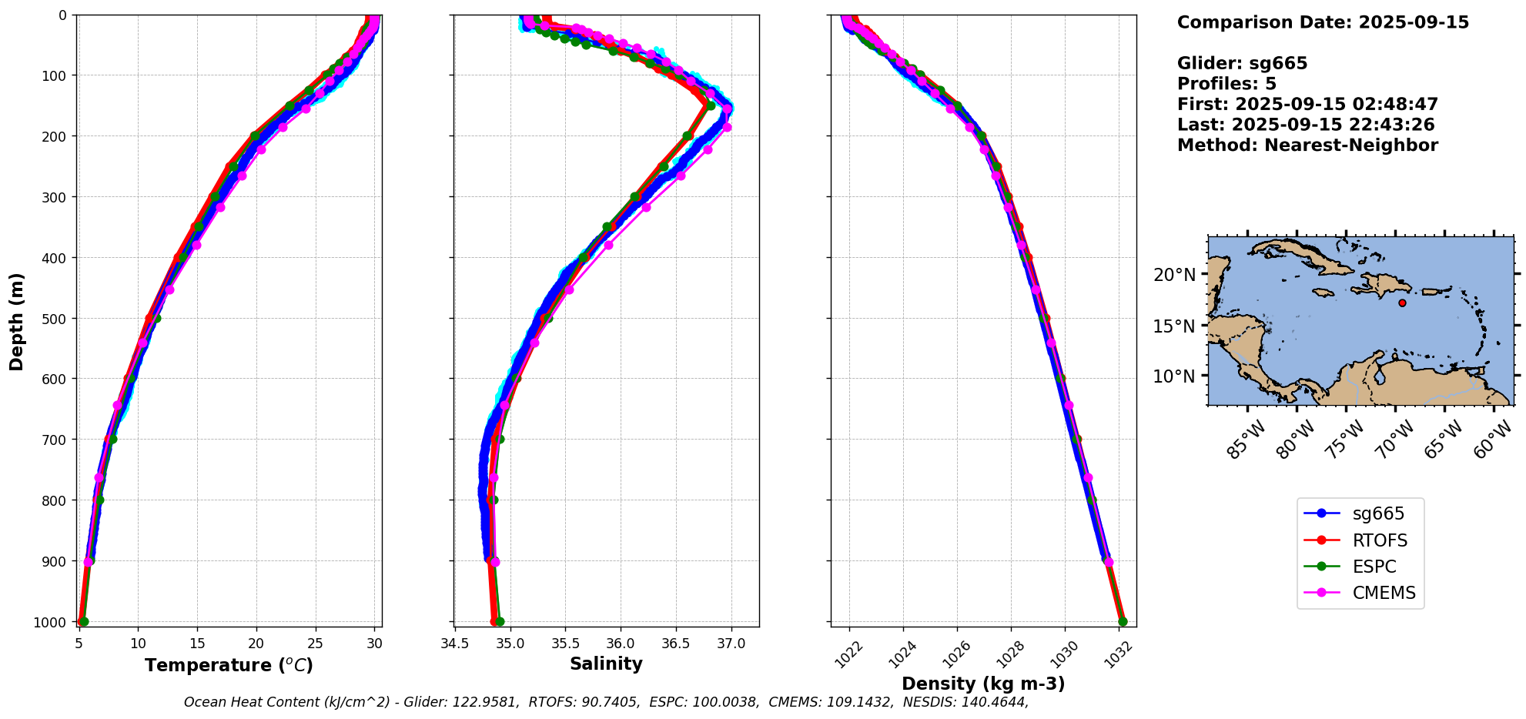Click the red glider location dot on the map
1402,303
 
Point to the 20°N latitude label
1174,275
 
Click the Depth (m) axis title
17,321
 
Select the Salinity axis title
606,664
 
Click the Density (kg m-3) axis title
983,684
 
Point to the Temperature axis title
229,665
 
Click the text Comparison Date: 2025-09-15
1323,22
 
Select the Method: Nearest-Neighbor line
1307,145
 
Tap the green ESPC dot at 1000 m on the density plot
1123,621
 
